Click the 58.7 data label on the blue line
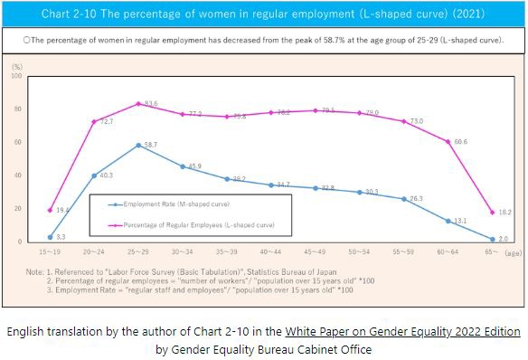(x=149, y=145)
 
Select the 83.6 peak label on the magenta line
(x=151, y=104)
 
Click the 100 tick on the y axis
(x=16, y=76)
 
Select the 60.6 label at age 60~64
(x=460, y=142)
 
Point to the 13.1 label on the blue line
(x=460, y=221)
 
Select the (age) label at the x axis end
(x=512, y=255)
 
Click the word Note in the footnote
(x=35, y=271)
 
